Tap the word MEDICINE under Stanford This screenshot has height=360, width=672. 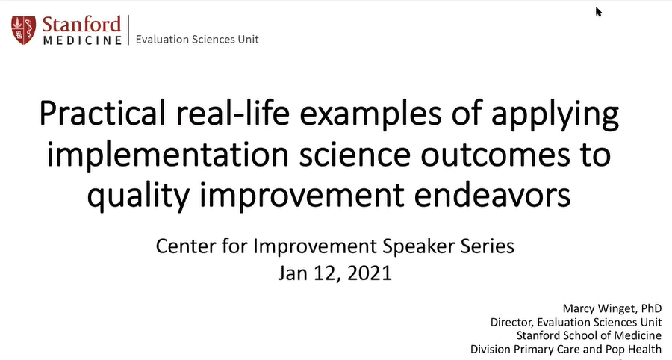click(x=82, y=39)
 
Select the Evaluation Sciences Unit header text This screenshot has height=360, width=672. click(x=197, y=39)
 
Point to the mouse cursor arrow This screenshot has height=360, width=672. click(x=598, y=11)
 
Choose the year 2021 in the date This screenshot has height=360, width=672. click(x=366, y=273)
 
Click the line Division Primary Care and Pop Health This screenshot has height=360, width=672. click(x=565, y=349)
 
